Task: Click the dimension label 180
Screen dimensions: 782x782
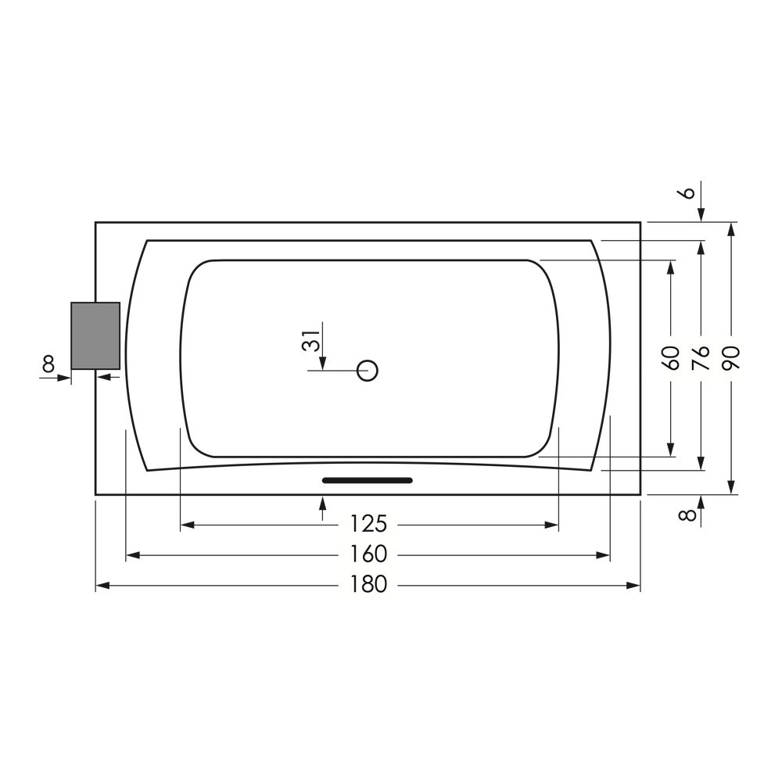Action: click(x=368, y=584)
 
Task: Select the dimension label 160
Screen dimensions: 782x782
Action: click(x=368, y=554)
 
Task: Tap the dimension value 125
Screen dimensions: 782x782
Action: click(x=368, y=525)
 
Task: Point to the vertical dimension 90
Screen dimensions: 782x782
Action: click(x=731, y=358)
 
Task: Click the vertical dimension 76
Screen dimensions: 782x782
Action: click(x=701, y=358)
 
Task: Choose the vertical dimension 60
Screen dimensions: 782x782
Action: click(x=671, y=358)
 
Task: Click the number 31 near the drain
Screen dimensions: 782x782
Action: click(x=311, y=342)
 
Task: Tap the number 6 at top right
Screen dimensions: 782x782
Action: click(x=688, y=192)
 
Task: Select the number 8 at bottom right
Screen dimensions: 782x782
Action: click(x=688, y=514)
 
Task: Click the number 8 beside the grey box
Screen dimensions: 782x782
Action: click(x=48, y=364)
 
